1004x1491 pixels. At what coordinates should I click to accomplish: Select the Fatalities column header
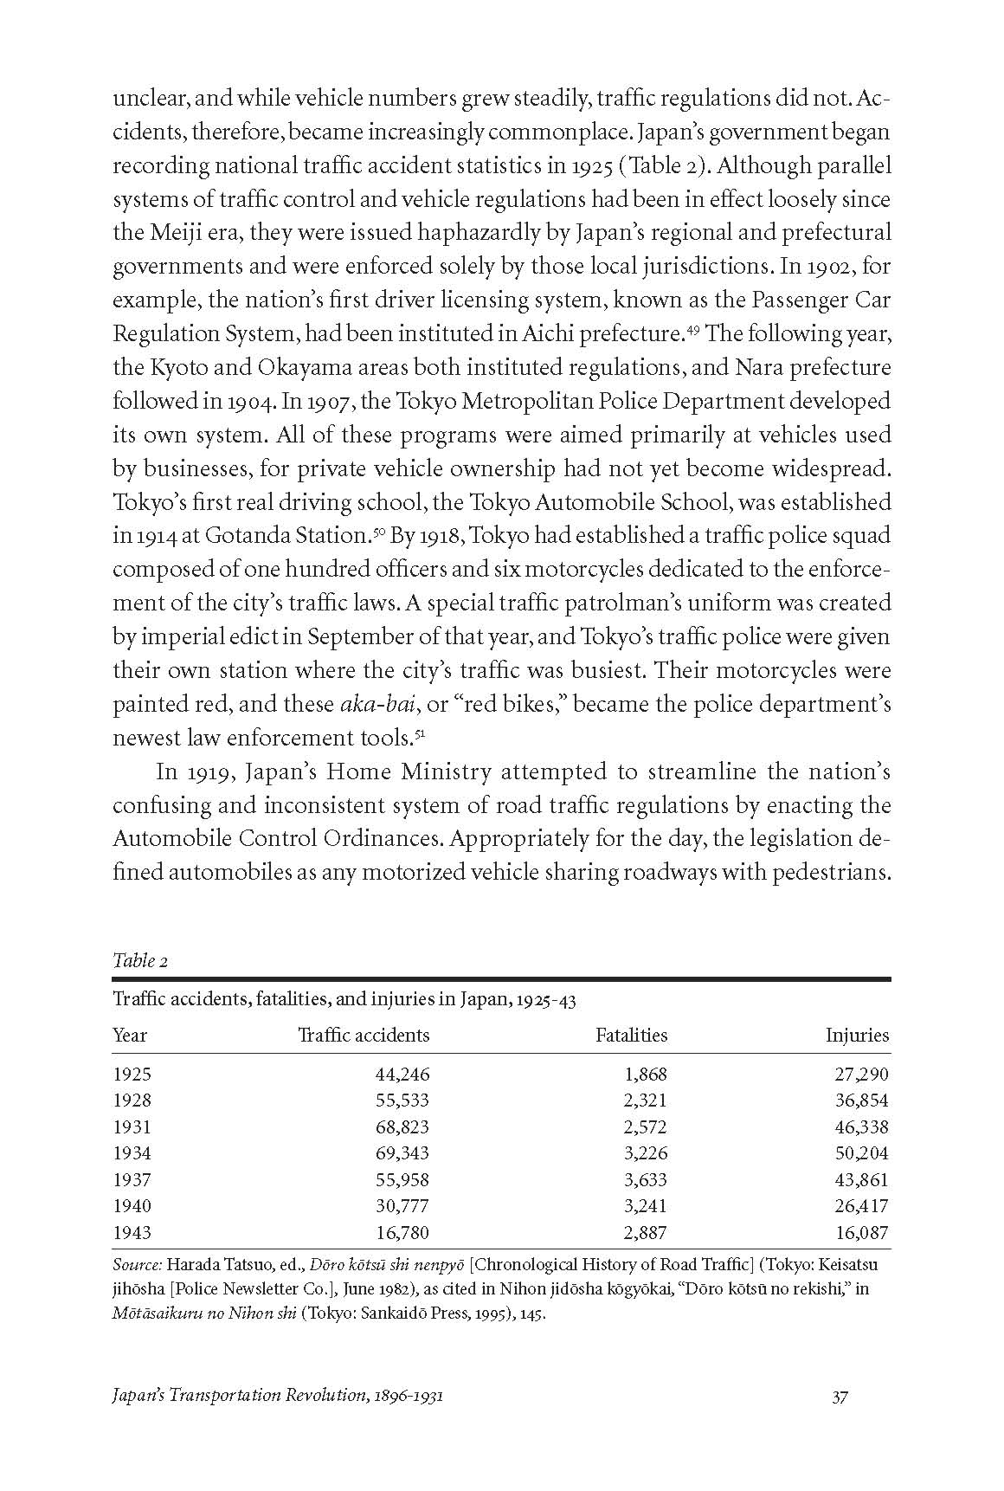pyautogui.click(x=632, y=1035)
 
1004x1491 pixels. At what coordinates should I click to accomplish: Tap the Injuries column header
pyautogui.click(x=857, y=1035)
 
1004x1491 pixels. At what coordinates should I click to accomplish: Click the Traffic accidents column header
pyautogui.click(x=364, y=1035)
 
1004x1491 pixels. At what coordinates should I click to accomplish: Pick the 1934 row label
pyautogui.click(x=132, y=1153)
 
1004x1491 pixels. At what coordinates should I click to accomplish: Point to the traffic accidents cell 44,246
pyautogui.click(x=402, y=1075)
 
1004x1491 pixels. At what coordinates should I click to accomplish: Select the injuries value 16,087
pyautogui.click(x=861, y=1232)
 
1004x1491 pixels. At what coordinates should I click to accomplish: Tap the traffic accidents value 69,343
pyautogui.click(x=402, y=1153)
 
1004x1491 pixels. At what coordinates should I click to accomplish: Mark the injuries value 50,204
pyautogui.click(x=861, y=1153)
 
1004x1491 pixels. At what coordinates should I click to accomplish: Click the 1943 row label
pyautogui.click(x=132, y=1232)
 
